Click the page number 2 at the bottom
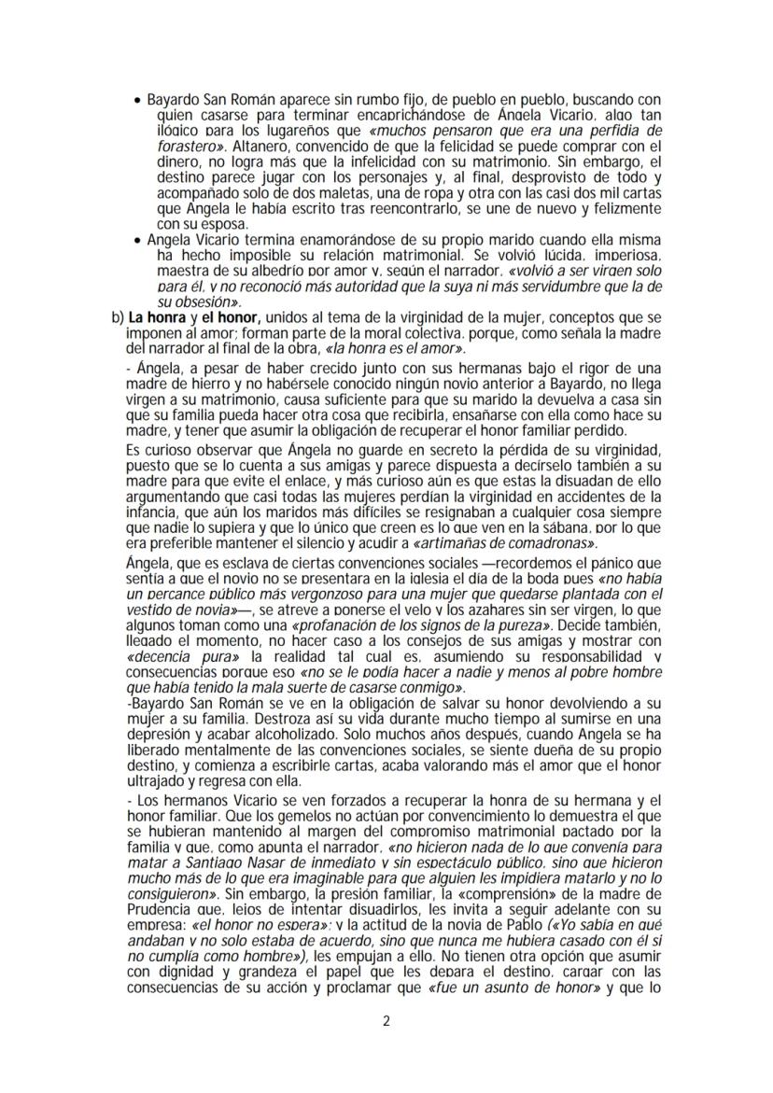click(x=386, y=1020)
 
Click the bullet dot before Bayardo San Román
click(x=139, y=100)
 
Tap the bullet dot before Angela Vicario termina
click(x=139, y=239)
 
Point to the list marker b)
click(x=118, y=317)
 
